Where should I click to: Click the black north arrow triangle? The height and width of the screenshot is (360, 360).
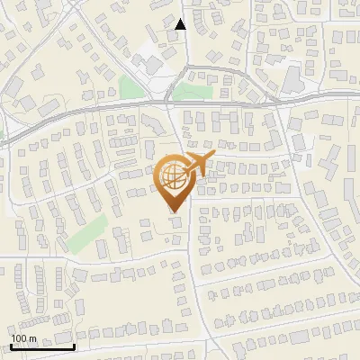[181, 24]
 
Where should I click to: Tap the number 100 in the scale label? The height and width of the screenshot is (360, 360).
[20, 338]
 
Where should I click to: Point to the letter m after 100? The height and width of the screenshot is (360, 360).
[32, 338]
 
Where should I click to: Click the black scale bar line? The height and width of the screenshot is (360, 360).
[42, 346]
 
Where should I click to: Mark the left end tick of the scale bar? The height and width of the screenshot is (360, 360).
[11, 345]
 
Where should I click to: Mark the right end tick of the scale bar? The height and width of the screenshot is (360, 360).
[74, 345]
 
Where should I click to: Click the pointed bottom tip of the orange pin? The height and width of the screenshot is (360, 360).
[174, 211]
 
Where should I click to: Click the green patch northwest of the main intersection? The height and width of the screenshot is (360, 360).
[132, 87]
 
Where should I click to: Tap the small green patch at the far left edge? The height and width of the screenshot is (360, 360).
[2, 135]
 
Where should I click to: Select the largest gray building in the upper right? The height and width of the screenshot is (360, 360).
[293, 81]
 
